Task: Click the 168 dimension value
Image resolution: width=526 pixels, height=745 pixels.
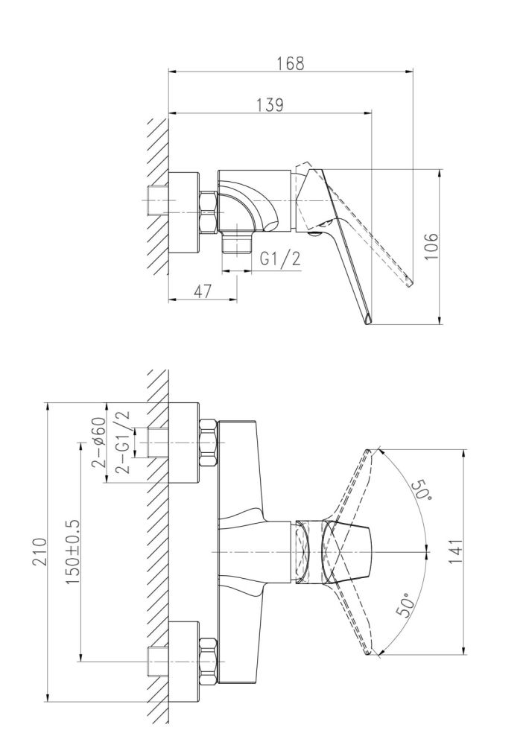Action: click(x=291, y=63)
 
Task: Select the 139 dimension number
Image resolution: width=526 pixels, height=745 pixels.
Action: click(x=270, y=104)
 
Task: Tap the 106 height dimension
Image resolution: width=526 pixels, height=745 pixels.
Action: click(x=431, y=246)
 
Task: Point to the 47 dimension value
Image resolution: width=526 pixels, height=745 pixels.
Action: click(x=203, y=291)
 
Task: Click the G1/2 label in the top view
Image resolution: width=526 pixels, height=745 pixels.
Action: click(x=281, y=259)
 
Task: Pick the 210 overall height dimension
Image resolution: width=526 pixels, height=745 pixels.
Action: click(x=40, y=551)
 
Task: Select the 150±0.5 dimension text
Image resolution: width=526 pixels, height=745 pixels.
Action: click(x=73, y=551)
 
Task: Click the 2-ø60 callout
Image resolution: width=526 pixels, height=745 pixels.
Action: click(x=98, y=443)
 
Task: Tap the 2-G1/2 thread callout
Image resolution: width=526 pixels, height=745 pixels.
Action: click(x=121, y=442)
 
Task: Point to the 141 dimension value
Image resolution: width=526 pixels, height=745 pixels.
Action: click(x=454, y=551)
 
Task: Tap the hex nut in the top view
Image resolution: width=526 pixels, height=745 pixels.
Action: click(x=208, y=212)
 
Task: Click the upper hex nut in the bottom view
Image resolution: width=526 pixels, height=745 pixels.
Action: click(x=208, y=443)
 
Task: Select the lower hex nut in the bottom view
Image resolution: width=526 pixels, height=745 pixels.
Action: click(x=208, y=661)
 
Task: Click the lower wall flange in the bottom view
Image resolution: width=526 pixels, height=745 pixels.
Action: click(x=184, y=661)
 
